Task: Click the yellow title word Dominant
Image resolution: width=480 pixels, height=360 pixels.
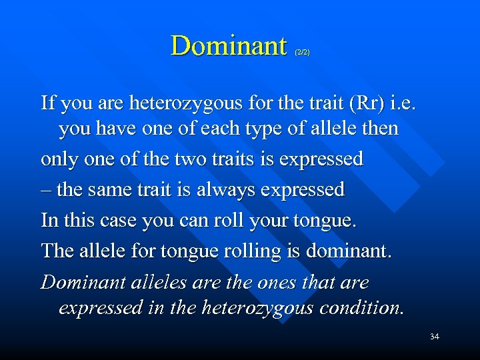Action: pyautogui.click(x=228, y=46)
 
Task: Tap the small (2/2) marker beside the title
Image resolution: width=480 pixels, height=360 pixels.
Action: pyautogui.click(x=302, y=52)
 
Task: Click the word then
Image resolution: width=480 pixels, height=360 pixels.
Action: pyautogui.click(x=379, y=128)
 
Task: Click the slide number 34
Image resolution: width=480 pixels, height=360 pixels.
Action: pyautogui.click(x=434, y=337)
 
